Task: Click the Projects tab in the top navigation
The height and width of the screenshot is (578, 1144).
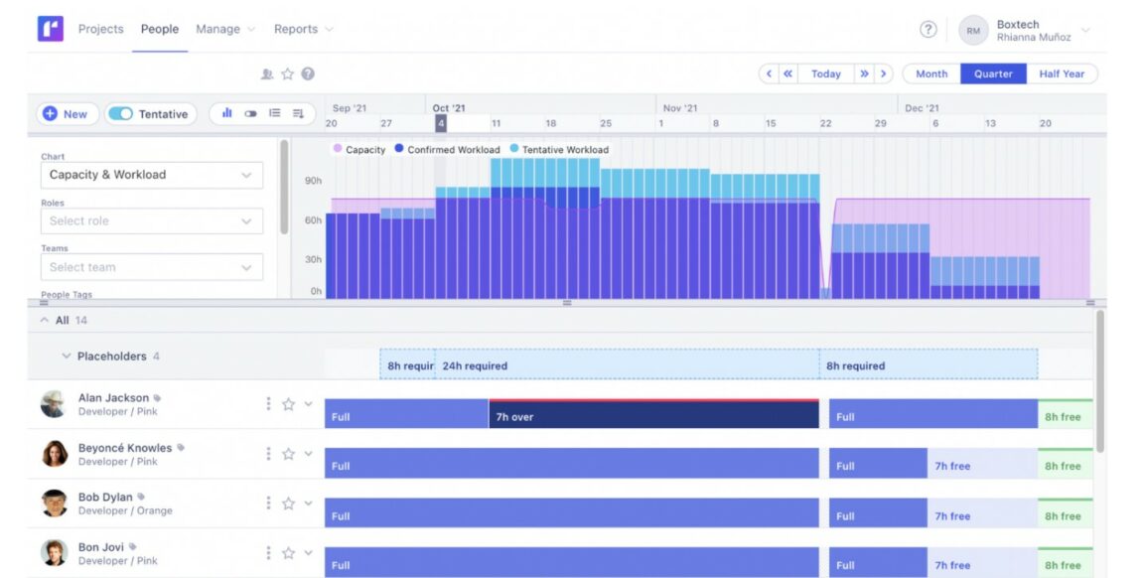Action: click(x=100, y=29)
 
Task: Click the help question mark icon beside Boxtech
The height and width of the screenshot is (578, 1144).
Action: click(x=928, y=30)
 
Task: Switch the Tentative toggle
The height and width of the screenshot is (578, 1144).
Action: click(x=121, y=114)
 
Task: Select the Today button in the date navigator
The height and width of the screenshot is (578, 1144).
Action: click(x=825, y=74)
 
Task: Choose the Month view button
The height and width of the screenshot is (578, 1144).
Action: click(x=930, y=74)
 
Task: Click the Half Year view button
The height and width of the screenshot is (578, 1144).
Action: click(x=1062, y=74)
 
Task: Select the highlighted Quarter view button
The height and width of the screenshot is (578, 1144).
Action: click(x=993, y=74)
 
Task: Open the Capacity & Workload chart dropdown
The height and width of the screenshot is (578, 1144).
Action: click(x=151, y=175)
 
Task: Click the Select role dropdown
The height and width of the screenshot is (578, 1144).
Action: click(x=151, y=220)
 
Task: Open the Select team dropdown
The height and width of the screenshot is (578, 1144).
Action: click(x=151, y=267)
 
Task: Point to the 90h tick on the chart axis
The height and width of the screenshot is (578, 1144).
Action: click(x=313, y=181)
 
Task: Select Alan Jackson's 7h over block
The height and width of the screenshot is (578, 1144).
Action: click(x=653, y=417)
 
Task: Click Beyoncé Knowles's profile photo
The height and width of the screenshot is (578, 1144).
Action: click(x=55, y=454)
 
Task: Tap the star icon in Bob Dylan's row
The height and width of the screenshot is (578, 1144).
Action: click(x=288, y=504)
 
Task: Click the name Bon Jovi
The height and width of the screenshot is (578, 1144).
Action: click(x=101, y=547)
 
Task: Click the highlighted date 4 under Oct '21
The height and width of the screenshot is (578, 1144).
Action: click(x=441, y=123)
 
